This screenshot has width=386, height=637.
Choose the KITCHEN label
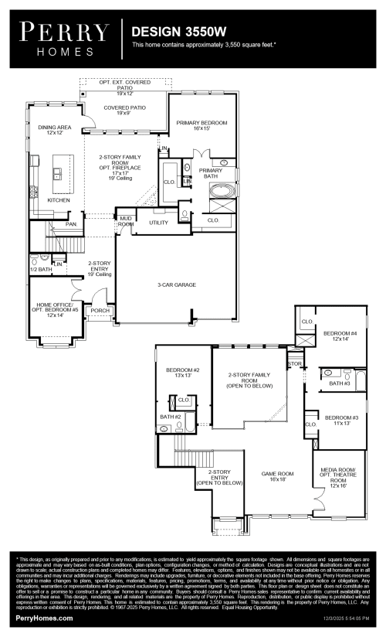coord(59,199)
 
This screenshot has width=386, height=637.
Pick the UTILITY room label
coord(158,223)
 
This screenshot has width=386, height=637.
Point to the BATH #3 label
coord(340,383)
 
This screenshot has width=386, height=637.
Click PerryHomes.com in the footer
coord(45,619)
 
